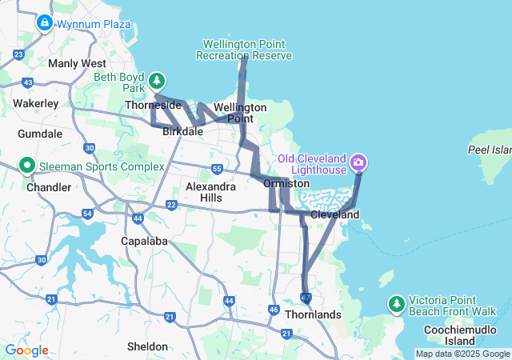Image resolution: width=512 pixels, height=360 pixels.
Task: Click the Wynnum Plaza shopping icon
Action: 44,23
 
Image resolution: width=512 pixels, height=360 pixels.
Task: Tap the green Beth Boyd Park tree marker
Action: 158,80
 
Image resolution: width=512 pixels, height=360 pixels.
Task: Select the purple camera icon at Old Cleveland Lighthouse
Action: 358,163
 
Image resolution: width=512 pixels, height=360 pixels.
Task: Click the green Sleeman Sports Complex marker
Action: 26,166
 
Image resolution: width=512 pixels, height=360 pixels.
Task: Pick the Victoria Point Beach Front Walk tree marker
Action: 396,303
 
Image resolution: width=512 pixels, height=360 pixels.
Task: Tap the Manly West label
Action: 77,63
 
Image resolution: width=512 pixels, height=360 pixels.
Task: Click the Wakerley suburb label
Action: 36,103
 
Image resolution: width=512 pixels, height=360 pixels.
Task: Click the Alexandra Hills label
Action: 211,191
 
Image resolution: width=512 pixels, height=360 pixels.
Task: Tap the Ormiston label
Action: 286,183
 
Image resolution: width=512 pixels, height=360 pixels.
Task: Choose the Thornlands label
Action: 312,314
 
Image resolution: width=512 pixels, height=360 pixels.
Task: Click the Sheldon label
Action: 148,346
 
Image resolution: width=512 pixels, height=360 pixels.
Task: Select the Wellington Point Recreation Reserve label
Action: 245,50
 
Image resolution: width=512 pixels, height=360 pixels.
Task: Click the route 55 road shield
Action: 217,169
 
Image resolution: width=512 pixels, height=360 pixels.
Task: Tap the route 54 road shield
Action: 87,214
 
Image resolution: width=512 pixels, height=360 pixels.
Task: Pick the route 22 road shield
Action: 171,206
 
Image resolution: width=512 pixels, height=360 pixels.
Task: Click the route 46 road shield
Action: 274,309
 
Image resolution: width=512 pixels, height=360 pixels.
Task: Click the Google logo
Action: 26,350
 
